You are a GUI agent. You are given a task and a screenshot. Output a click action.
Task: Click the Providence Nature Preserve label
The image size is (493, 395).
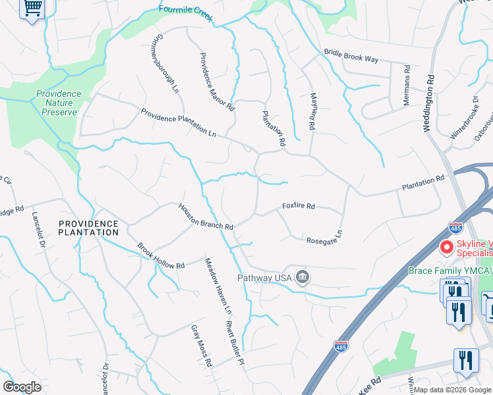(59, 103)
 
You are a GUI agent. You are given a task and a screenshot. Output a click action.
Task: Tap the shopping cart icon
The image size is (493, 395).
(32, 9)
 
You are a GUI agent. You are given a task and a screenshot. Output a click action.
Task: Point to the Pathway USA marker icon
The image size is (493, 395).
(303, 277)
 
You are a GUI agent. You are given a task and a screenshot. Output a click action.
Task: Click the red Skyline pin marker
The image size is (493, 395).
(446, 248)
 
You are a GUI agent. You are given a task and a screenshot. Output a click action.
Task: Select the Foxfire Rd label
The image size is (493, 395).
(299, 206)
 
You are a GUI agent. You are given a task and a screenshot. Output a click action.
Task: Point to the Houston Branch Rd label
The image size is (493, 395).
(206, 216)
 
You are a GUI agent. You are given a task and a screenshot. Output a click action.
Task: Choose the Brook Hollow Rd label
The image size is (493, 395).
(161, 256)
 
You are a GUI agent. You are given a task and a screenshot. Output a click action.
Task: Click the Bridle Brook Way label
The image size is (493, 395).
(351, 56)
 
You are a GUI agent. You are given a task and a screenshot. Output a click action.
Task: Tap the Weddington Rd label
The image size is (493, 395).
(430, 103)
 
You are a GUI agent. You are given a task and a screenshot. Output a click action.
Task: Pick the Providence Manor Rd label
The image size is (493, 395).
(217, 81)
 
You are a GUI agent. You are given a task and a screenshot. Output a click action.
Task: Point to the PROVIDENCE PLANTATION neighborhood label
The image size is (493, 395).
(88, 228)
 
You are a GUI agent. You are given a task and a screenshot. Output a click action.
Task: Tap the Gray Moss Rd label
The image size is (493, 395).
(202, 346)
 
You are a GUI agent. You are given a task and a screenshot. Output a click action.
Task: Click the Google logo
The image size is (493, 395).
(22, 387)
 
